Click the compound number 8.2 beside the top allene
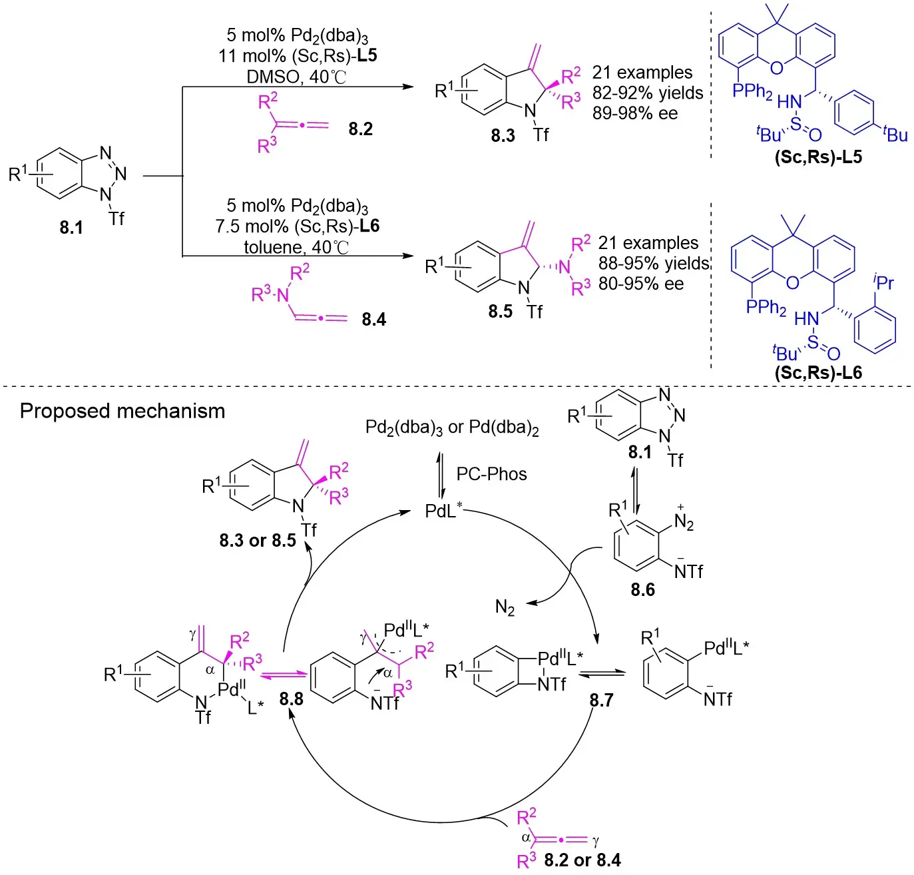(x=360, y=129)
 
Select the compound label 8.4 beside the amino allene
(x=373, y=320)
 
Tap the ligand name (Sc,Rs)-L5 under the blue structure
(x=817, y=157)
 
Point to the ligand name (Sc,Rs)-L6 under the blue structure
(x=817, y=372)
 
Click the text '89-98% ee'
(x=635, y=113)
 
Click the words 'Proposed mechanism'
(x=122, y=411)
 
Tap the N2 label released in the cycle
(x=505, y=607)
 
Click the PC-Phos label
(x=491, y=474)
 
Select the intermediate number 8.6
(x=642, y=589)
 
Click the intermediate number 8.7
(x=600, y=700)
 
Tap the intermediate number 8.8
(x=292, y=699)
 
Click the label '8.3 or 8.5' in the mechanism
(x=258, y=541)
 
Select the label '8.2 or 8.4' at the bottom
(x=582, y=860)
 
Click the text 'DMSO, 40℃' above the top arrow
(x=297, y=77)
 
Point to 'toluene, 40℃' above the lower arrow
(x=296, y=247)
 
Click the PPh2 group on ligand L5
(x=752, y=91)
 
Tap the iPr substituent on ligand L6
(x=883, y=282)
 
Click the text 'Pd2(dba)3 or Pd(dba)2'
(x=452, y=428)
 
